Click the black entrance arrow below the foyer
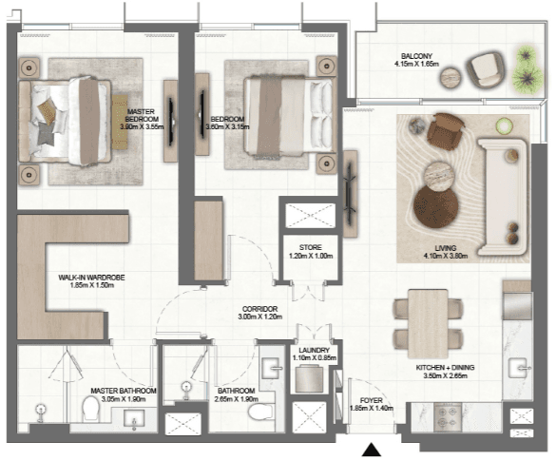click(x=372, y=450)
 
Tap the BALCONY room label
click(x=416, y=56)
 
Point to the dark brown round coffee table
click(x=436, y=207)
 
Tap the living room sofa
click(x=503, y=197)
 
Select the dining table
click(x=428, y=323)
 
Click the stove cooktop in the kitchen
click(x=447, y=417)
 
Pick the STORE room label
click(x=310, y=247)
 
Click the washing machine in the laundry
click(x=309, y=378)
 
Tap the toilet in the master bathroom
click(x=91, y=409)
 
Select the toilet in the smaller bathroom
click(x=261, y=412)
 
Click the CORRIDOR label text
click(x=259, y=309)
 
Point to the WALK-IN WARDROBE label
click(x=91, y=278)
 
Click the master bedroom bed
click(x=66, y=122)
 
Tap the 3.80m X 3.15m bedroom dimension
click(x=227, y=126)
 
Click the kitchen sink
click(x=519, y=368)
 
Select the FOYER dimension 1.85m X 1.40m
click(x=372, y=408)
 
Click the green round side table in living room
click(x=505, y=125)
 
